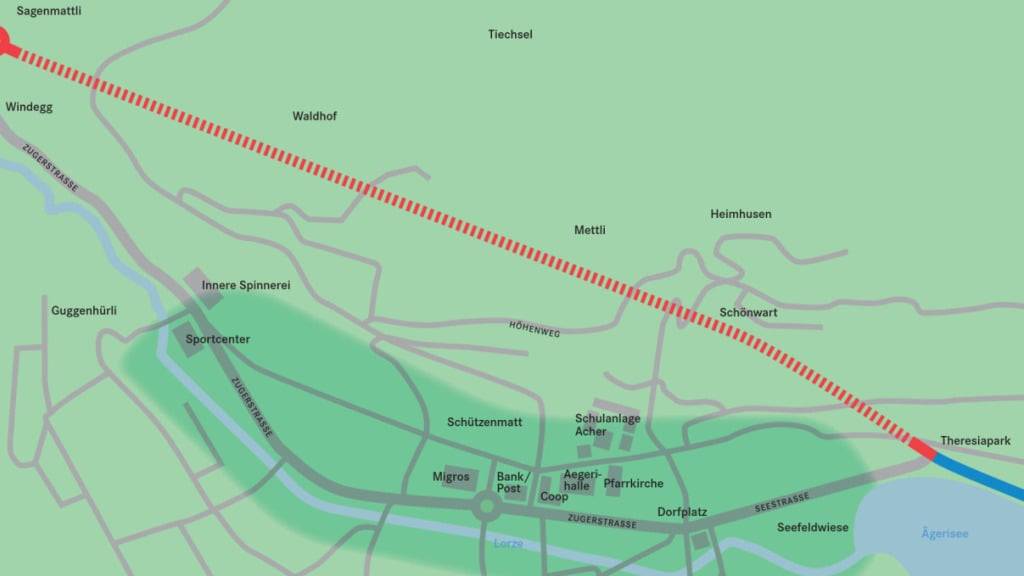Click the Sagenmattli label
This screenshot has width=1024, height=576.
49,11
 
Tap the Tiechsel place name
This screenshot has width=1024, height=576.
510,34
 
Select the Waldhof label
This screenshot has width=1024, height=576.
314,116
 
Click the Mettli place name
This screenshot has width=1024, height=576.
590,230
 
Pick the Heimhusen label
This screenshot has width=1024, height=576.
740,214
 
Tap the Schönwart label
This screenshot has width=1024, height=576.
748,312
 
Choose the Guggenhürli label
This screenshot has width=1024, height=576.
84,311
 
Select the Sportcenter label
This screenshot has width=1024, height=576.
218,339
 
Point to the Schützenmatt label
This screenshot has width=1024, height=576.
484,422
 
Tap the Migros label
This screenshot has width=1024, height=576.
451,476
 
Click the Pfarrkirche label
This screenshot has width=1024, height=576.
633,484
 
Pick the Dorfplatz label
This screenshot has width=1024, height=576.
682,512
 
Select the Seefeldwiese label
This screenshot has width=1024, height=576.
812,527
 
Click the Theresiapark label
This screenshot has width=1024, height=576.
975,440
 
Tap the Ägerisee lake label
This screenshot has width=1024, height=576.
944,534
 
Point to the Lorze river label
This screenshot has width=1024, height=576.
508,543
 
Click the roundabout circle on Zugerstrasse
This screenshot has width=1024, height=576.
487,507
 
